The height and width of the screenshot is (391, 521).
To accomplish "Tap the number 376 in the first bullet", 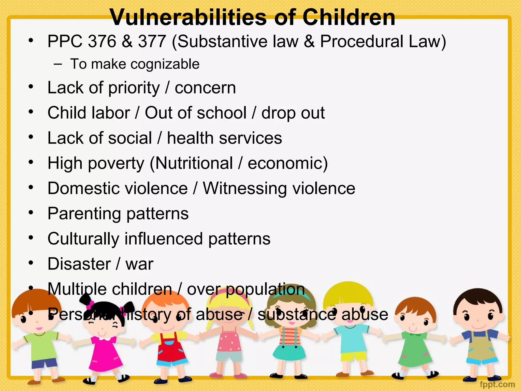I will (102, 41).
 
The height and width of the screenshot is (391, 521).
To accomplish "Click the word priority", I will (134, 88).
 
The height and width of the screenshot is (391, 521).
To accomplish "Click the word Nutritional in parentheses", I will (194, 163).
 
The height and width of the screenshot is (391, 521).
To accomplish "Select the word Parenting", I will (84, 214).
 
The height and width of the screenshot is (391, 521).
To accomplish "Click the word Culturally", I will (83, 239).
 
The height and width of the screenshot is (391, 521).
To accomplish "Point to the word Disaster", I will (79, 264).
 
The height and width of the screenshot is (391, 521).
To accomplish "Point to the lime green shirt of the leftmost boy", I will (41, 344).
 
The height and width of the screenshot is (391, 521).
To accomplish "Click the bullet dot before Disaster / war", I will (31, 262).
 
